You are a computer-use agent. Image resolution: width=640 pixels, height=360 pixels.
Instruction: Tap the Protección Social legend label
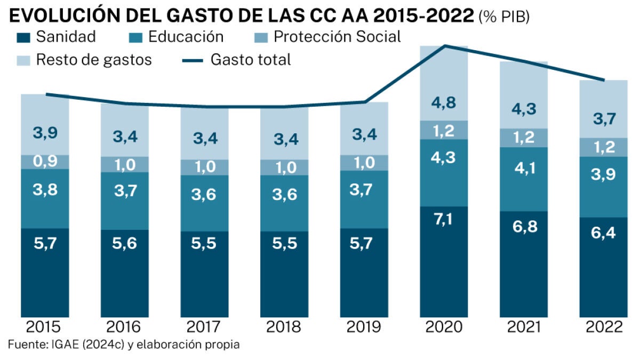click(x=337, y=37)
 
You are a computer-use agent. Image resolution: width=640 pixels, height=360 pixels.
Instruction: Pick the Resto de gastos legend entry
click(x=94, y=60)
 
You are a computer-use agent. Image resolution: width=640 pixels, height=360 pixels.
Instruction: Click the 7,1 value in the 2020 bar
click(x=444, y=219)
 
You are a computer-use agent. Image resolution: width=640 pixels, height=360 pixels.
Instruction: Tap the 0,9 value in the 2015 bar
click(x=45, y=162)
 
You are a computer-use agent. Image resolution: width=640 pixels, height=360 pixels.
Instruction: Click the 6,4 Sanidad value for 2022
click(x=603, y=234)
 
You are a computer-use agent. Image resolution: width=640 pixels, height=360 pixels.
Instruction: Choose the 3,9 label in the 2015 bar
click(x=45, y=133)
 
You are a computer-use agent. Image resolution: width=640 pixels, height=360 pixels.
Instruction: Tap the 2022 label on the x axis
click(x=603, y=326)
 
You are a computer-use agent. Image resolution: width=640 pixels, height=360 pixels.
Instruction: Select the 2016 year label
click(x=125, y=326)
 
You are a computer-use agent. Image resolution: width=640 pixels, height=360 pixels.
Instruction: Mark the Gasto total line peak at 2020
click(x=444, y=46)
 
